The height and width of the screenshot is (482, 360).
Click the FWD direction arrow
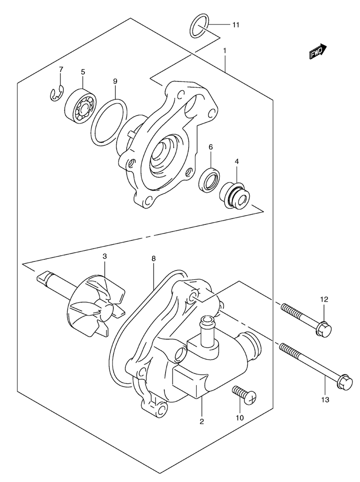[x=318, y=51]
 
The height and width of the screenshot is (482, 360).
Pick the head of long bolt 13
[x=345, y=384]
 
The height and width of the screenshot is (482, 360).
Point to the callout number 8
[x=153, y=259]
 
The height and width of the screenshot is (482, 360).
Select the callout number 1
[x=225, y=50]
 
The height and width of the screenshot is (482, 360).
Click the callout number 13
[x=325, y=400]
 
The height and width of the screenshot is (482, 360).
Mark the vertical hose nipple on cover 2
[x=208, y=330]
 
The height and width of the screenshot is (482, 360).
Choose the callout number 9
[x=115, y=82]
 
